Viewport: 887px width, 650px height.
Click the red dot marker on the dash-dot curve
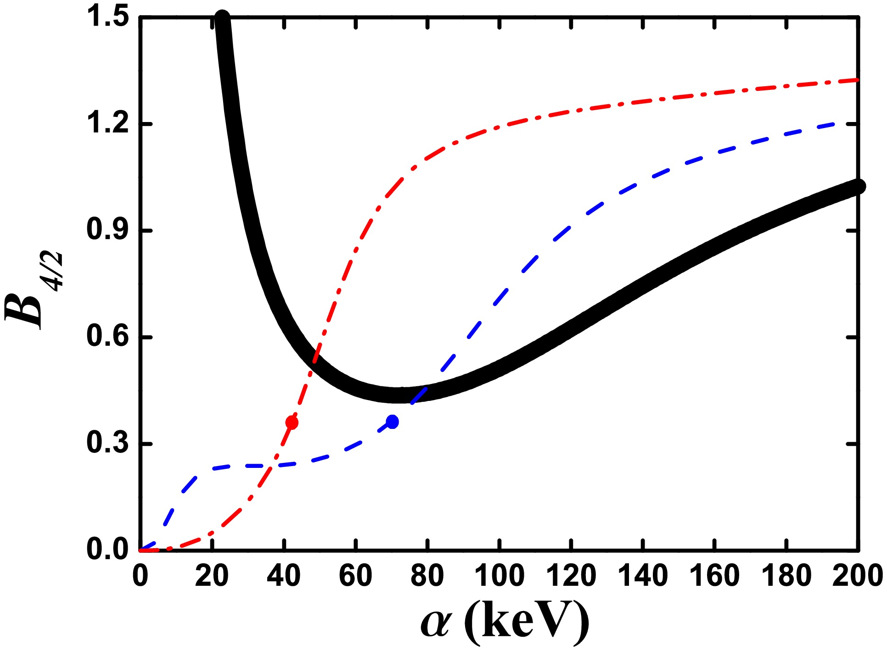coord(292,422)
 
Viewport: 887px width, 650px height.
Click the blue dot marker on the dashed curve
coord(392,422)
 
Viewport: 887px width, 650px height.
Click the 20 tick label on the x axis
coord(212,576)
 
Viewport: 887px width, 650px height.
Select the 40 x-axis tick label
coord(284,576)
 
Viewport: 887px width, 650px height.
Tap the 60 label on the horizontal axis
coord(356,576)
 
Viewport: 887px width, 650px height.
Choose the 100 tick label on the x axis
coord(499,576)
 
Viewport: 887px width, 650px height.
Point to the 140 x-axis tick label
coord(643,576)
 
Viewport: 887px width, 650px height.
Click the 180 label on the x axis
coord(786,576)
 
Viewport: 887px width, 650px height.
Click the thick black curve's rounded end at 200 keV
coord(858,186)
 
